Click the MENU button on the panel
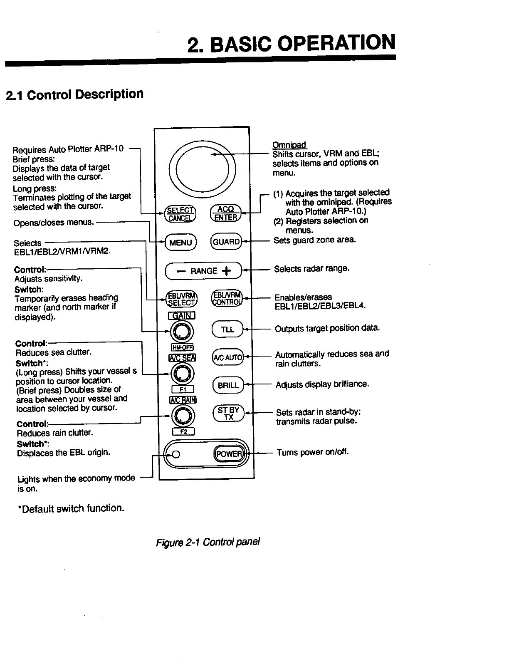click(181, 243)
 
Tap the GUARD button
click(226, 242)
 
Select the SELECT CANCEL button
click(180, 214)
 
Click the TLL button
click(227, 329)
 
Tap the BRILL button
click(228, 385)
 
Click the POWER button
click(228, 453)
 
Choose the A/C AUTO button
click(227, 357)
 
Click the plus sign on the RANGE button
click(226, 271)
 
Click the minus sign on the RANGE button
click(181, 271)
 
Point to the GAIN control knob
click(182, 332)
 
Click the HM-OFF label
click(182, 348)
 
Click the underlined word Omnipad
click(289, 145)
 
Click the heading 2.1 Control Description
click(74, 95)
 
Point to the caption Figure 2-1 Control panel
click(208, 543)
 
